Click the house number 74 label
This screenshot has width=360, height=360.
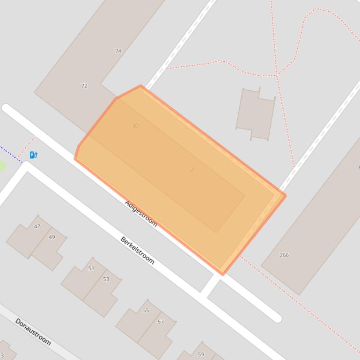coord(118,51)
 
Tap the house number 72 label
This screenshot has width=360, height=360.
coord(84,86)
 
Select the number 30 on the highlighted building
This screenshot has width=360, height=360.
coord(135,126)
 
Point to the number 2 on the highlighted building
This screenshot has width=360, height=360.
coord(192,170)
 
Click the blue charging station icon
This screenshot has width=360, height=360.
coord(33,155)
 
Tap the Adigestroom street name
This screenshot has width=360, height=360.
coord(141,213)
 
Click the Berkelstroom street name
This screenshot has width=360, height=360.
coord(137,250)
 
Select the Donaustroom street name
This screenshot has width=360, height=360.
coord(33,331)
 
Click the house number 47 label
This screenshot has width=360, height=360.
coord(37,227)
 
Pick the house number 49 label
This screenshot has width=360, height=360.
coord(52,237)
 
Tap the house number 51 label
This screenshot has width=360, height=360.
coord(91,268)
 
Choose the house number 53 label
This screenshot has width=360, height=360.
coord(106,279)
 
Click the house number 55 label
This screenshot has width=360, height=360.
coord(146,310)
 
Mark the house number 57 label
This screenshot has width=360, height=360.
coord(161,322)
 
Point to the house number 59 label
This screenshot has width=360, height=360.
coord(201,354)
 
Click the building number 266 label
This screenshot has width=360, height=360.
coord(284,255)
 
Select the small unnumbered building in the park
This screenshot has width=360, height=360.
coord(255,113)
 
